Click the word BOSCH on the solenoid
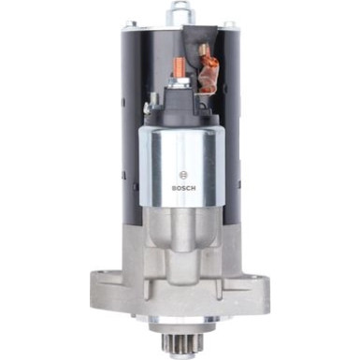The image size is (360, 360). click(180, 187)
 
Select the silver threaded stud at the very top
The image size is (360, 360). click(178, 12)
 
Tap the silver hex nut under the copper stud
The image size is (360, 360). click(175, 86)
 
